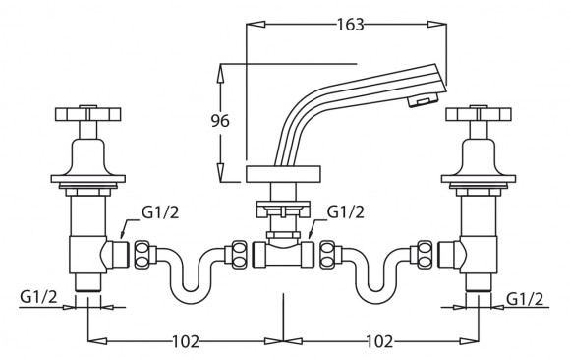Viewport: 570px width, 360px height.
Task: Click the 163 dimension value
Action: (350, 25)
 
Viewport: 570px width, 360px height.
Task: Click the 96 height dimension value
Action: (220, 121)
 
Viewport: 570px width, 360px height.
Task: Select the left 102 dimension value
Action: (186, 341)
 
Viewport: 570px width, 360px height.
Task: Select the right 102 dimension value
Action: (379, 341)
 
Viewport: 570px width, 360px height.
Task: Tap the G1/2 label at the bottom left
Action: (38, 297)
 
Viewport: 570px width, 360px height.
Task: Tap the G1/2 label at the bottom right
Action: (525, 299)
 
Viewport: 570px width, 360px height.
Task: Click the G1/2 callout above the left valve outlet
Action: (160, 212)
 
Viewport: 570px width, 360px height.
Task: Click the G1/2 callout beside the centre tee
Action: (345, 211)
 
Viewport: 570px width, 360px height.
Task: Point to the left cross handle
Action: (87, 113)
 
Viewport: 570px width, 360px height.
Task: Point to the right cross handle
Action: (479, 113)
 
